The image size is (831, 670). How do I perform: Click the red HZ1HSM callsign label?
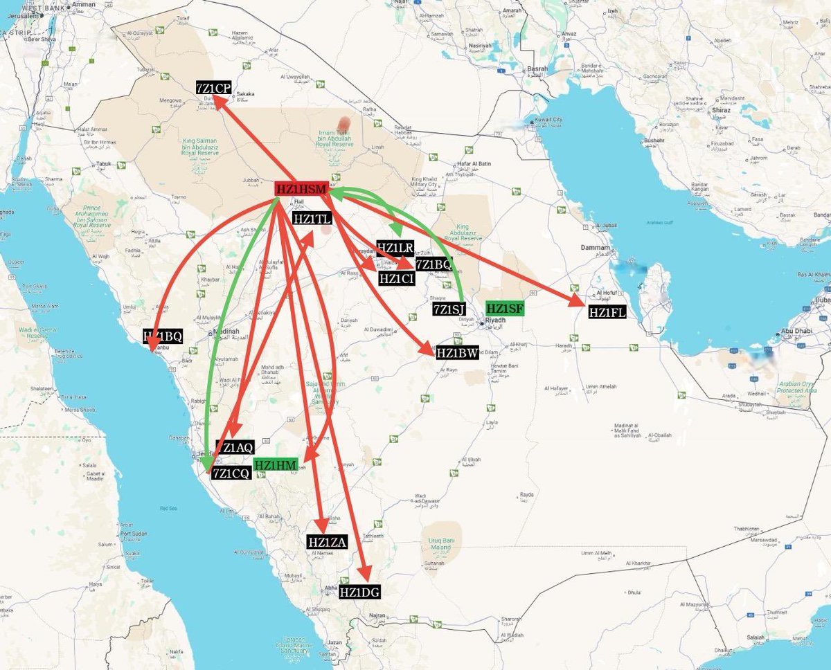tap(301, 189)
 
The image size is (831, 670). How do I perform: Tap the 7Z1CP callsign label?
tap(213, 88)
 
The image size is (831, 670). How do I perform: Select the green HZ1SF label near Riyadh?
tap(506, 309)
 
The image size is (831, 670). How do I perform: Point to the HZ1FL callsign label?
tap(607, 312)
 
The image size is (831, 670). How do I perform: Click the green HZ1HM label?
tap(275, 464)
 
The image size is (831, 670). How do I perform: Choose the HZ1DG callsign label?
tap(359, 592)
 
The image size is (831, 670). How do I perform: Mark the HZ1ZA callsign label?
tap(327, 542)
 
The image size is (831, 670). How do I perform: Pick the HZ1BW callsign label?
tap(457, 353)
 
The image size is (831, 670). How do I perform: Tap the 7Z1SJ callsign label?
tap(449, 309)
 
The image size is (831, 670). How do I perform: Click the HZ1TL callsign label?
tap(313, 219)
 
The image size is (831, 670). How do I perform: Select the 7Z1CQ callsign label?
tap(231, 473)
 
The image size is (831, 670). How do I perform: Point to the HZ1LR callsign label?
tap(395, 247)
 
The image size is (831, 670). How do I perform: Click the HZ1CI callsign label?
tap(397, 278)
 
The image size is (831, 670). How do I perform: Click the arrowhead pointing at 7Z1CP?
tap(217, 101)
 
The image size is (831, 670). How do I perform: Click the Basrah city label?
tap(537, 69)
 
